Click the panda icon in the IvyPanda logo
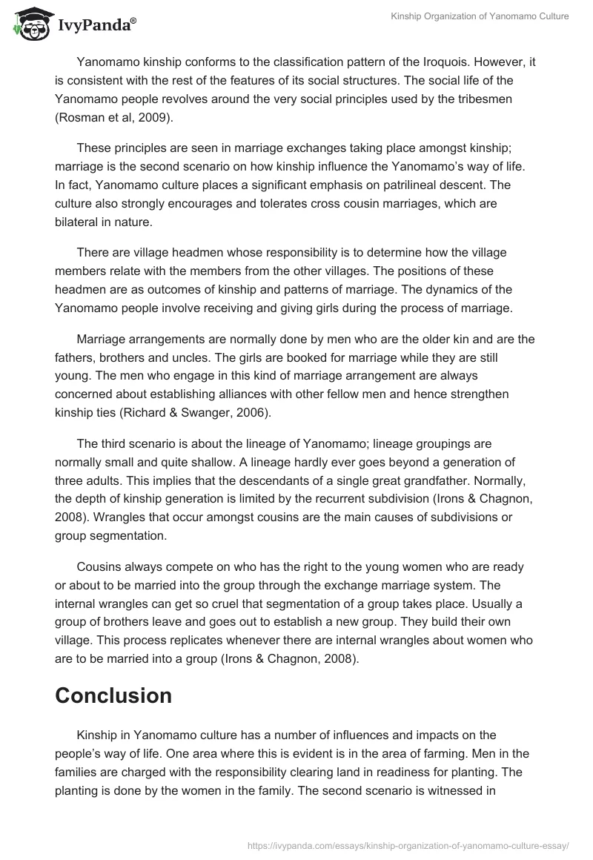29,24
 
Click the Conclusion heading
113,695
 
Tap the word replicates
192,638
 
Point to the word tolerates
265,202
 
